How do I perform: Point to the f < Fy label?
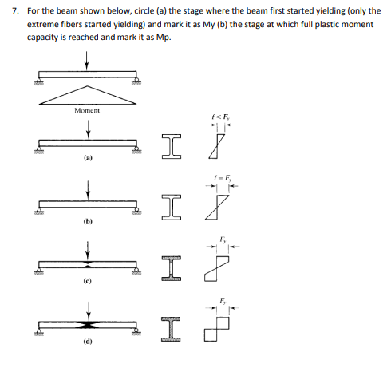click(216, 120)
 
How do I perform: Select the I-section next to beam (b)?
click(166, 205)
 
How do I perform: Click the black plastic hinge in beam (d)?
click(87, 327)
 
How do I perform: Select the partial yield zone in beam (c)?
click(87, 265)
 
